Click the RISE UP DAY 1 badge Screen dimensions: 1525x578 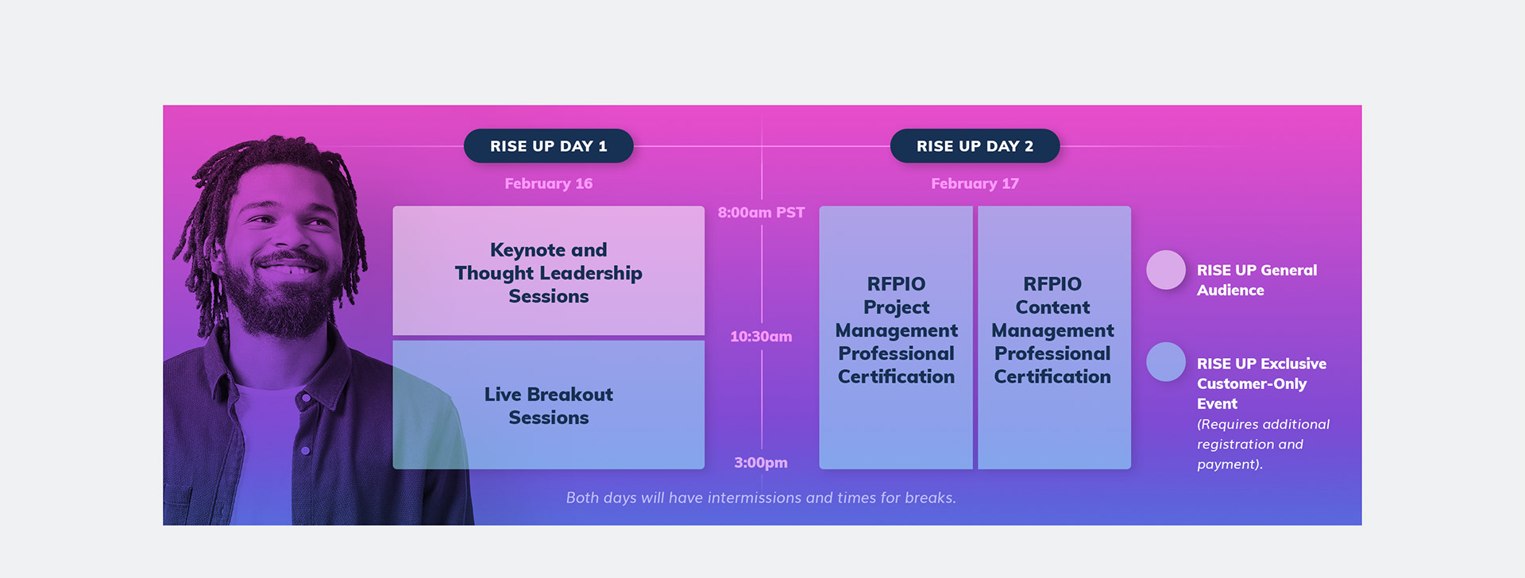[548, 146]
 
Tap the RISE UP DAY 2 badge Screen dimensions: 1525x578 [975, 146]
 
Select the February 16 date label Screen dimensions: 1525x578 [548, 183]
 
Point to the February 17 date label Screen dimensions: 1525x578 [975, 183]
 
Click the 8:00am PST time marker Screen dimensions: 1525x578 [761, 213]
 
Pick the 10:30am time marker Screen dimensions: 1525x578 [761, 337]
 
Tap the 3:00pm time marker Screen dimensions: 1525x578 [761, 463]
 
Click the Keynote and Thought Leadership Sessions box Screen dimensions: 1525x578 [548, 271]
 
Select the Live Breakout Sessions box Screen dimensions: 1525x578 [548, 405]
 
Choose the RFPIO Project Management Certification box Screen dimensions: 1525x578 [896, 337]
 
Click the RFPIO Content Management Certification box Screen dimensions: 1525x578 [1054, 337]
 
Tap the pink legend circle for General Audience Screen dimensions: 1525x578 [1166, 270]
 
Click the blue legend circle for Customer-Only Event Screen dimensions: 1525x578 [1166, 362]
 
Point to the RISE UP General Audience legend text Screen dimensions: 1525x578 [1257, 280]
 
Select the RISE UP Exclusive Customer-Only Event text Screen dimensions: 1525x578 [1261, 383]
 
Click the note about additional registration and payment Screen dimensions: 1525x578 [1263, 445]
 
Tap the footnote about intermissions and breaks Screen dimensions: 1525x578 [761, 498]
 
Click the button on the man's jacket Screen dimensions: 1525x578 [305, 451]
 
